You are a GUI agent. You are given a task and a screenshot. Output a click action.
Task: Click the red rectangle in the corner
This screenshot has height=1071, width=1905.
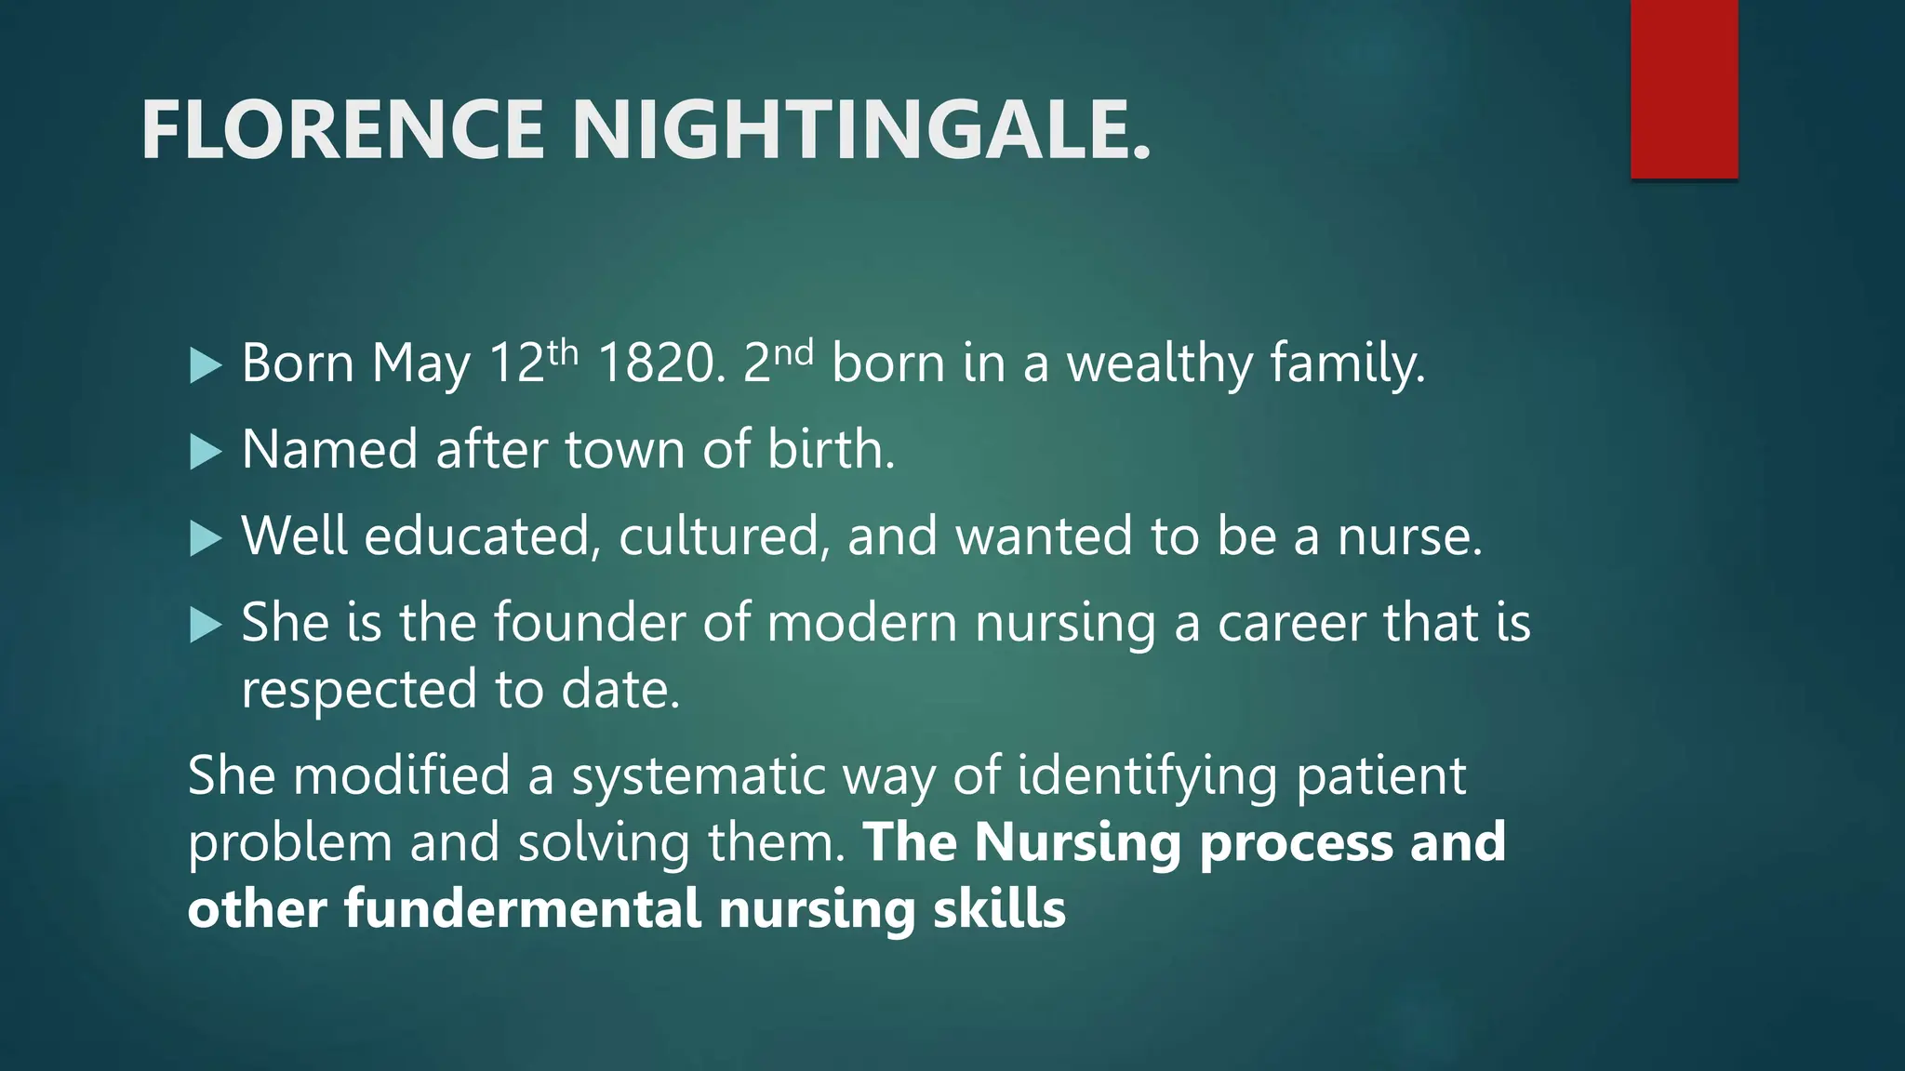click(x=1684, y=89)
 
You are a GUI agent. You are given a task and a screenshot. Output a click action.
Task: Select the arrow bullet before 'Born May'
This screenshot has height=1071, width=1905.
click(x=206, y=365)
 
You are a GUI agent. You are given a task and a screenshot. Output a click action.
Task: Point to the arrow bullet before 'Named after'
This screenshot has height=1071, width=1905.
click(x=206, y=452)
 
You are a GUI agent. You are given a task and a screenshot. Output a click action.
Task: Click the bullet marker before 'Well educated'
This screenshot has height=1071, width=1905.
click(x=206, y=538)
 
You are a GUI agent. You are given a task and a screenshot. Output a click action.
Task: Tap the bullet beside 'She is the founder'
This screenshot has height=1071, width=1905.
click(x=206, y=625)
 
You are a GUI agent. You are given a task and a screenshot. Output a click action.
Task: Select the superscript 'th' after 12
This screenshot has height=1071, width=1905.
click(x=563, y=352)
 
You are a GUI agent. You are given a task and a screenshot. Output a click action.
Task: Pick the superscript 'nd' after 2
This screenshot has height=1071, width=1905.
click(x=793, y=352)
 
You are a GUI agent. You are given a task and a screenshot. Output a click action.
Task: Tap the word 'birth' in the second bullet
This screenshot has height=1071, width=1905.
click(x=830, y=450)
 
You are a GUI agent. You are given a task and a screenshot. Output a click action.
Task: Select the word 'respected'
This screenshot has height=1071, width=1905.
click(x=359, y=691)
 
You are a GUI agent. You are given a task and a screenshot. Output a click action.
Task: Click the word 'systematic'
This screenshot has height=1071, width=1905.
click(x=699, y=776)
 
